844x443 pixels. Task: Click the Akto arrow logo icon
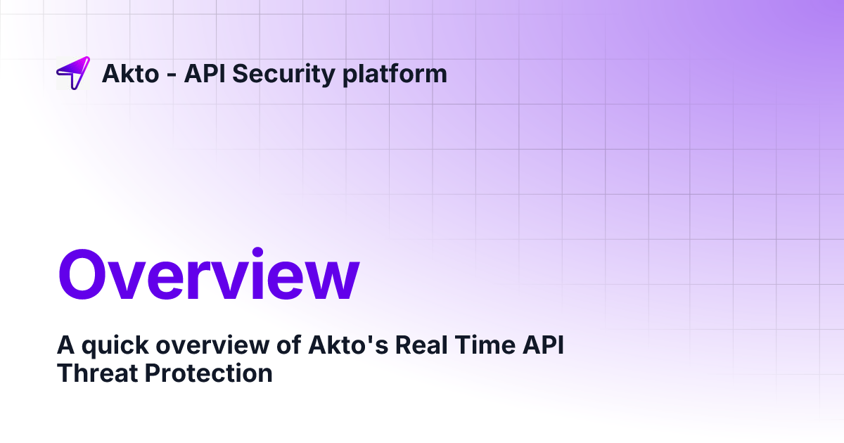(x=72, y=73)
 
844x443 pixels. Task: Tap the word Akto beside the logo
(x=130, y=73)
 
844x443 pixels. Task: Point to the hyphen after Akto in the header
(x=172, y=75)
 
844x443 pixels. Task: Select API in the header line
(x=206, y=73)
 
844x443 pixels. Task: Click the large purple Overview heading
(x=208, y=276)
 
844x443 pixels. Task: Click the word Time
(x=479, y=347)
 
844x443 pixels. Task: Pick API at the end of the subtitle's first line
(x=541, y=347)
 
